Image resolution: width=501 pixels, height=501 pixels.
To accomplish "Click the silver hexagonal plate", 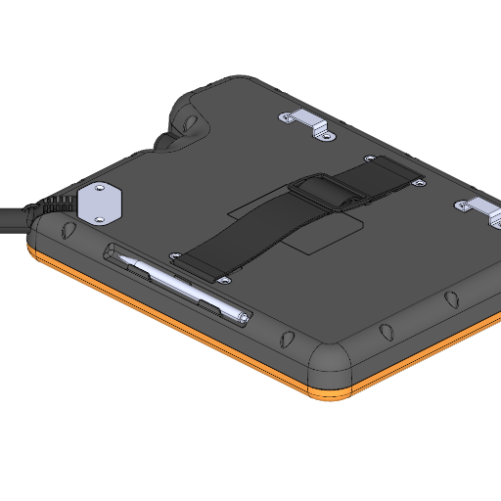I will pyautogui.click(x=100, y=203).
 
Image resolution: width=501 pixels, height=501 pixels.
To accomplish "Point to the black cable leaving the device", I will pyautogui.click(x=12, y=219).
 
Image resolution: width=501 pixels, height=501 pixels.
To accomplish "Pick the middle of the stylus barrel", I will pyautogui.click(x=181, y=286).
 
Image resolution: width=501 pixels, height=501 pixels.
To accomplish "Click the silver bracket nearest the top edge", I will pyautogui.click(x=306, y=122).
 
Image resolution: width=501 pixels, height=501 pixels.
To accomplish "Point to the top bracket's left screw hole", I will pyautogui.click(x=284, y=117).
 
